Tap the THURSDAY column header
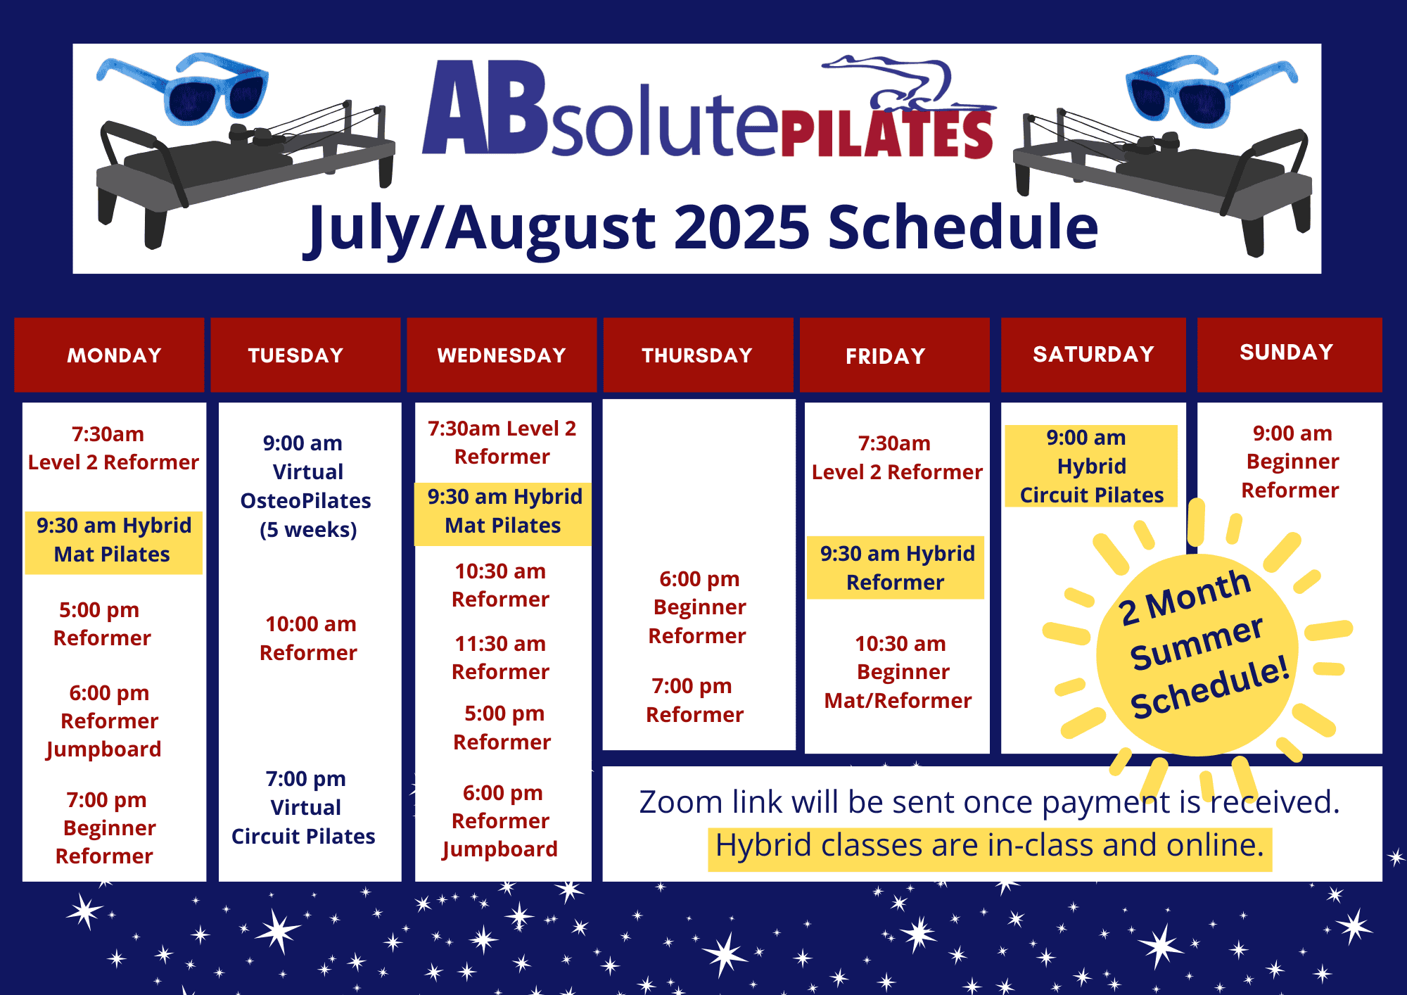[698, 355]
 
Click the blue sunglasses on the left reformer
[183, 88]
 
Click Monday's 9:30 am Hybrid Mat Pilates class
[113, 540]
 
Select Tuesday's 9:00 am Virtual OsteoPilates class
[306, 486]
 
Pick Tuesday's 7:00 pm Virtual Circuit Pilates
[304, 807]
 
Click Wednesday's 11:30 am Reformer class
[500, 658]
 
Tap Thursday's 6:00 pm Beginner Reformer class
[698, 607]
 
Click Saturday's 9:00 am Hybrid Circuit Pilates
[1091, 467]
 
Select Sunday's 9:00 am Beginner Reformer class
[1291, 462]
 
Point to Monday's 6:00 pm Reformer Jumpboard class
[105, 721]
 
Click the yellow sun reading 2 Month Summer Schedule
[1198, 654]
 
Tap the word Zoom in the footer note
[681, 802]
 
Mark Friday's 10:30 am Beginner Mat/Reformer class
[898, 672]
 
